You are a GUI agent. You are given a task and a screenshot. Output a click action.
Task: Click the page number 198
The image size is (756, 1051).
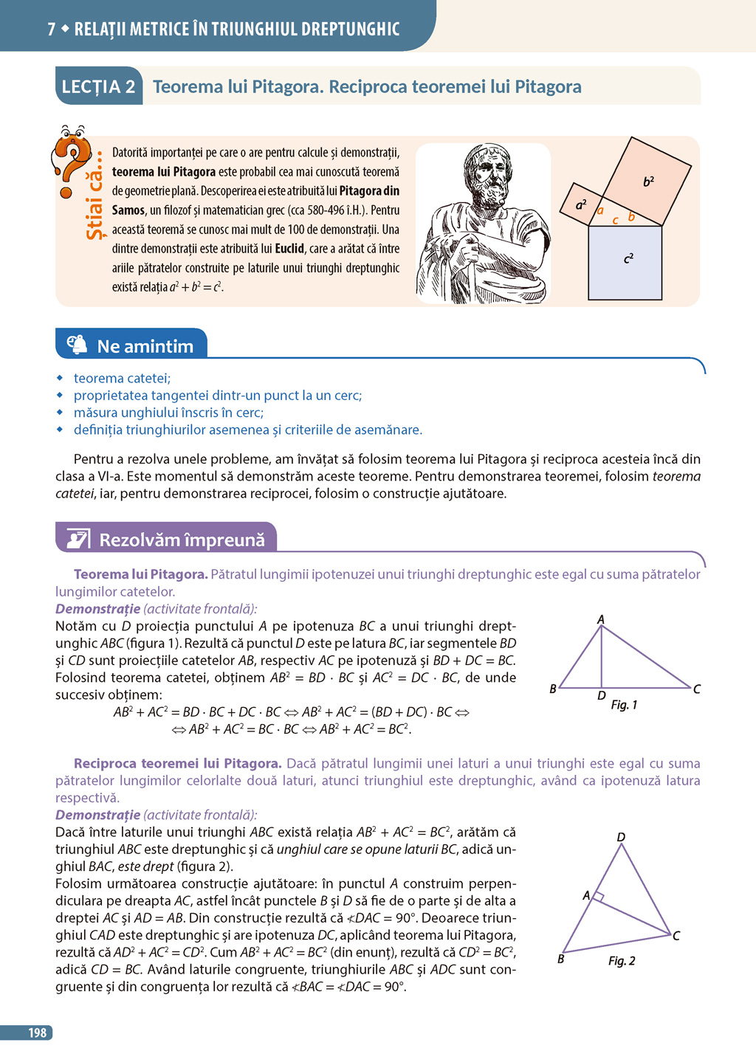(x=37, y=1033)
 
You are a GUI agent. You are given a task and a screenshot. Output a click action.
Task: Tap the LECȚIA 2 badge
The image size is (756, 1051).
(x=98, y=87)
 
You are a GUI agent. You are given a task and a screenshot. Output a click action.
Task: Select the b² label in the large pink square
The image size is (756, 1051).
(x=648, y=181)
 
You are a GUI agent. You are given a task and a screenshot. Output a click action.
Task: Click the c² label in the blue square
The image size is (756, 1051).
(x=628, y=258)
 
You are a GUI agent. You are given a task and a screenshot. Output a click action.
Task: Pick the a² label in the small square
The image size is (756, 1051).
(x=581, y=204)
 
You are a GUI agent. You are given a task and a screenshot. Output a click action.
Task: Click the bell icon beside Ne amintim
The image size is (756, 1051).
(x=77, y=345)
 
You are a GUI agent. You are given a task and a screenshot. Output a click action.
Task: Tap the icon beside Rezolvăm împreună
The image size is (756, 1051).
(x=78, y=539)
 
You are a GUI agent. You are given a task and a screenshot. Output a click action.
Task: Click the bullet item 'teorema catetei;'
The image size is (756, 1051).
(x=122, y=378)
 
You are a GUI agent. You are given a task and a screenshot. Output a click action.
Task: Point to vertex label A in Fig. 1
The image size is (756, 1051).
(x=601, y=619)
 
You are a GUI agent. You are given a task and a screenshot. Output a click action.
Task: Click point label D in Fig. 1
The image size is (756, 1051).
(x=602, y=695)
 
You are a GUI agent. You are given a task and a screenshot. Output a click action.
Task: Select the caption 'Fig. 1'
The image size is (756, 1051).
(x=624, y=705)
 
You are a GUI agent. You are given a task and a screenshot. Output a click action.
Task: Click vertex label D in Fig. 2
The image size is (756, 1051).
(x=621, y=837)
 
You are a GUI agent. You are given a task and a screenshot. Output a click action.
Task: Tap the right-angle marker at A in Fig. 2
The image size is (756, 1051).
(x=599, y=897)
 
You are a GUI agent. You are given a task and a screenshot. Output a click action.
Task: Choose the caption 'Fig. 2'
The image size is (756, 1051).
(x=622, y=960)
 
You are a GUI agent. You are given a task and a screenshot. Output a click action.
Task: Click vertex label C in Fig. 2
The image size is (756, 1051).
(x=676, y=935)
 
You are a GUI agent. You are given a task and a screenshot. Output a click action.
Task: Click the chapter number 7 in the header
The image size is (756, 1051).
(x=52, y=29)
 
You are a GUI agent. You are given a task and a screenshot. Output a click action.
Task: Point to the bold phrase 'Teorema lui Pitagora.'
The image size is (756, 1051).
(x=140, y=574)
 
